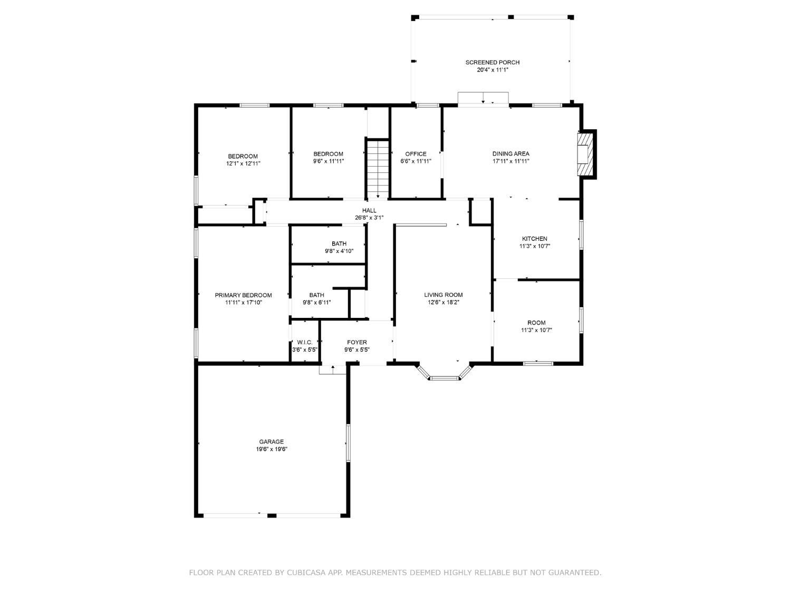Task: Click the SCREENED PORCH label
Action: tap(492, 62)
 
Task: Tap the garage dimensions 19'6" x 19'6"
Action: tap(272, 449)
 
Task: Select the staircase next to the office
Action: tap(378, 169)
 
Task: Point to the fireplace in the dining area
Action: tap(585, 154)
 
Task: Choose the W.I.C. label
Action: tap(304, 342)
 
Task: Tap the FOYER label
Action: tap(357, 342)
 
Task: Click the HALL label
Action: tap(369, 210)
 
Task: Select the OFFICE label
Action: tap(416, 154)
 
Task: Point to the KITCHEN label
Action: tap(534, 238)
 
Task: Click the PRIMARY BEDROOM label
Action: tap(243, 295)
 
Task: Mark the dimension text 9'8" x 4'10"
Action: tap(339, 251)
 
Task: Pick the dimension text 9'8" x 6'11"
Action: tap(316, 303)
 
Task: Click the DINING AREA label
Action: tap(510, 154)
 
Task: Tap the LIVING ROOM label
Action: tap(443, 295)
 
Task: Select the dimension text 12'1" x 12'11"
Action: tap(243, 163)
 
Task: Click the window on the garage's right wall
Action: tap(348, 442)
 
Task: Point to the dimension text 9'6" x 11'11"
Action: tap(329, 161)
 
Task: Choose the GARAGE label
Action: tap(272, 441)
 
